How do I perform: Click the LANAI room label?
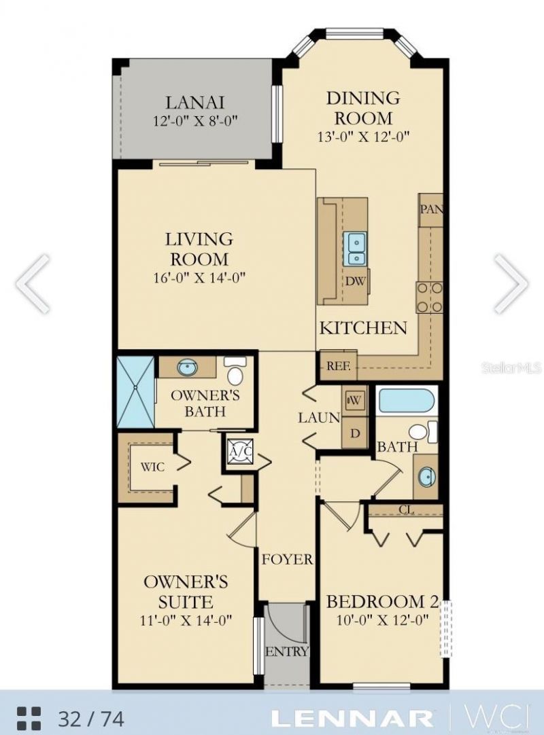195,103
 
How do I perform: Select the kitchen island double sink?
355,249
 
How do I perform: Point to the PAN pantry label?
431,209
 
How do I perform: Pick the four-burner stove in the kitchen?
430,297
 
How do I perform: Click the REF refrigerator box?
338,365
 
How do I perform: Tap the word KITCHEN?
363,328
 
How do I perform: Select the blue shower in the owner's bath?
135,391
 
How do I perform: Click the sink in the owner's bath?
187,368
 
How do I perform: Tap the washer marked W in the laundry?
355,401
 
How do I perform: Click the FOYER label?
288,560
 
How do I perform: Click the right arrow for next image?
511,284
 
